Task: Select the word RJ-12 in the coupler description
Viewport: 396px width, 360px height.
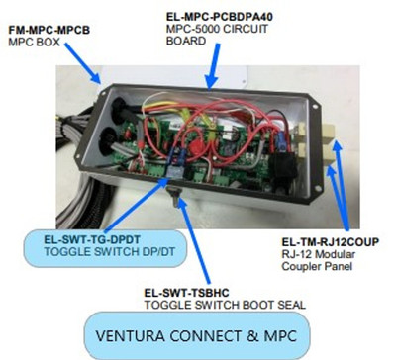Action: coord(298,252)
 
